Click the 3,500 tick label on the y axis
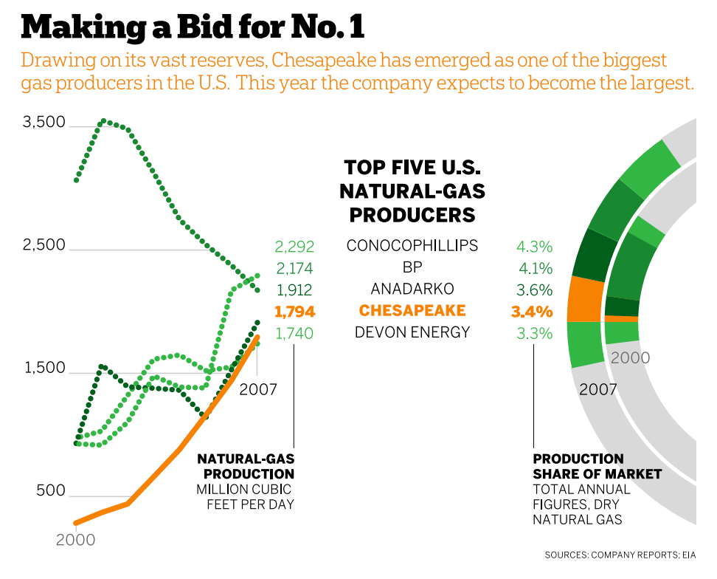pyautogui.click(x=44, y=123)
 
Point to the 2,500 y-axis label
pyautogui.click(x=44, y=245)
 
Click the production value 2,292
pyautogui.click(x=294, y=246)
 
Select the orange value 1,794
pyautogui.click(x=294, y=311)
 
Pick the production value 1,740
pyautogui.click(x=294, y=333)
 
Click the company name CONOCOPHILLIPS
pyautogui.click(x=412, y=245)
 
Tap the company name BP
pyautogui.click(x=412, y=267)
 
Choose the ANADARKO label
pyautogui.click(x=412, y=289)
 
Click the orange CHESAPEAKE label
pyautogui.click(x=412, y=310)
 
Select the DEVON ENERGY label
pyautogui.click(x=412, y=332)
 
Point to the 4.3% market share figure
pyautogui.click(x=534, y=247)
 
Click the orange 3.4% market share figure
pyautogui.click(x=532, y=312)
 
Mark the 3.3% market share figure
pyautogui.click(x=534, y=334)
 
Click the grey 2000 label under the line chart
pyautogui.click(x=76, y=540)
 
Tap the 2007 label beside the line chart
pyautogui.click(x=257, y=388)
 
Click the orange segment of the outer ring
pyautogui.click(x=585, y=299)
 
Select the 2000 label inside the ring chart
pyautogui.click(x=630, y=358)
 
